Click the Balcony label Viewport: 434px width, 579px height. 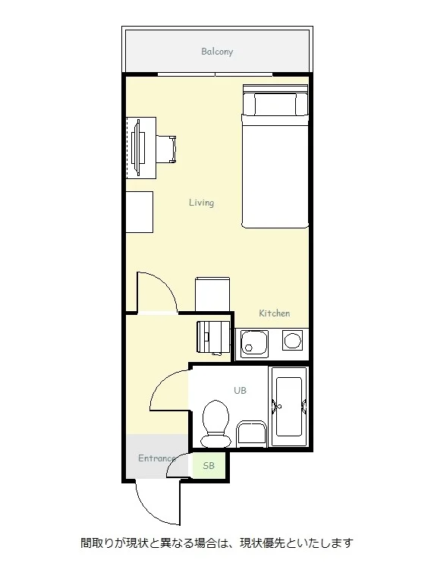pos(217,52)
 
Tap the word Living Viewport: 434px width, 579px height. pos(201,203)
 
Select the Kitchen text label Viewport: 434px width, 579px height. pos(274,313)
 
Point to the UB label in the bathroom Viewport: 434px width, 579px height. pos(240,390)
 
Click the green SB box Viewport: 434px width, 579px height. pos(209,466)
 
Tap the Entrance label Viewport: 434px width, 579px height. pos(156,458)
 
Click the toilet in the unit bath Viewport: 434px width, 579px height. pos(215,423)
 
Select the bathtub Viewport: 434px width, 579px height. pos(289,407)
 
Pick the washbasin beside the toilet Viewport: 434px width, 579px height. pos(252,433)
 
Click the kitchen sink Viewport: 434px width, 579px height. pos(254,344)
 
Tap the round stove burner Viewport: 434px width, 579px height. pos(293,340)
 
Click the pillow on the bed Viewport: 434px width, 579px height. pos(275,104)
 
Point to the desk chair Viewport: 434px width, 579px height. pos(166,149)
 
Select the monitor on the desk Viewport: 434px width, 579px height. pos(137,147)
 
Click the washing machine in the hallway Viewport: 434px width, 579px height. pos(213,336)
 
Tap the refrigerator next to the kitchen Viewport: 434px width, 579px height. pos(212,294)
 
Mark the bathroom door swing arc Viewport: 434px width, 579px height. pos(162,384)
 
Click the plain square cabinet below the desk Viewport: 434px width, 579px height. pos(140,212)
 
